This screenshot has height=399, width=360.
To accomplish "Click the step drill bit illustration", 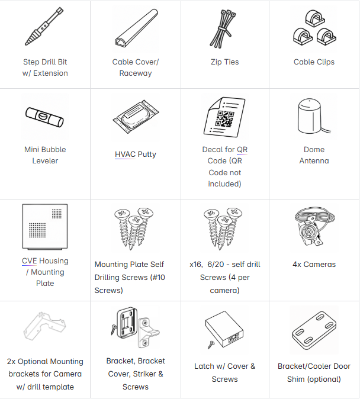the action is coord(44,26).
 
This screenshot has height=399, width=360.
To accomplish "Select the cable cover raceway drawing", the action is coord(136,28).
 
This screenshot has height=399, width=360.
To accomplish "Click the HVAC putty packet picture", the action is coord(136,117).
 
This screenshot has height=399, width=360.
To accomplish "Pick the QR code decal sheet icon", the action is coord(224,117).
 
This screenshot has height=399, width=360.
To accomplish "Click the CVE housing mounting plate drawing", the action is coord(45,226).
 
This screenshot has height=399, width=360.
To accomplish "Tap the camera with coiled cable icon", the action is coord(314,226).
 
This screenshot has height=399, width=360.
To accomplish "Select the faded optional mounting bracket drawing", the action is coord(44,326).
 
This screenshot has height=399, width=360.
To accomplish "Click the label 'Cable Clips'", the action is coord(314,62).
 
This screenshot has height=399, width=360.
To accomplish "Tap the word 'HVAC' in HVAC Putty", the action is coord(125,154).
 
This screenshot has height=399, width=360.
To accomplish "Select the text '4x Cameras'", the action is coord(314,265).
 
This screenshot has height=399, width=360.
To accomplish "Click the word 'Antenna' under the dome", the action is coord(314,161).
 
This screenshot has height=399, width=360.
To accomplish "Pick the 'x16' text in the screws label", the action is coord(196,265).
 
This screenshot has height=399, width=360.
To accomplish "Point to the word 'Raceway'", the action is coord(136,73).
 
